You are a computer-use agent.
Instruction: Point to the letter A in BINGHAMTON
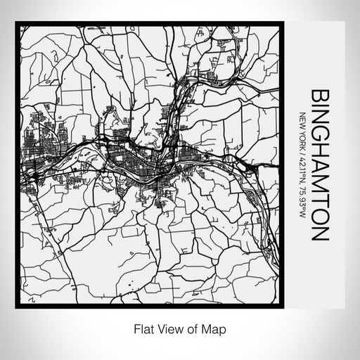coord(318,166)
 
